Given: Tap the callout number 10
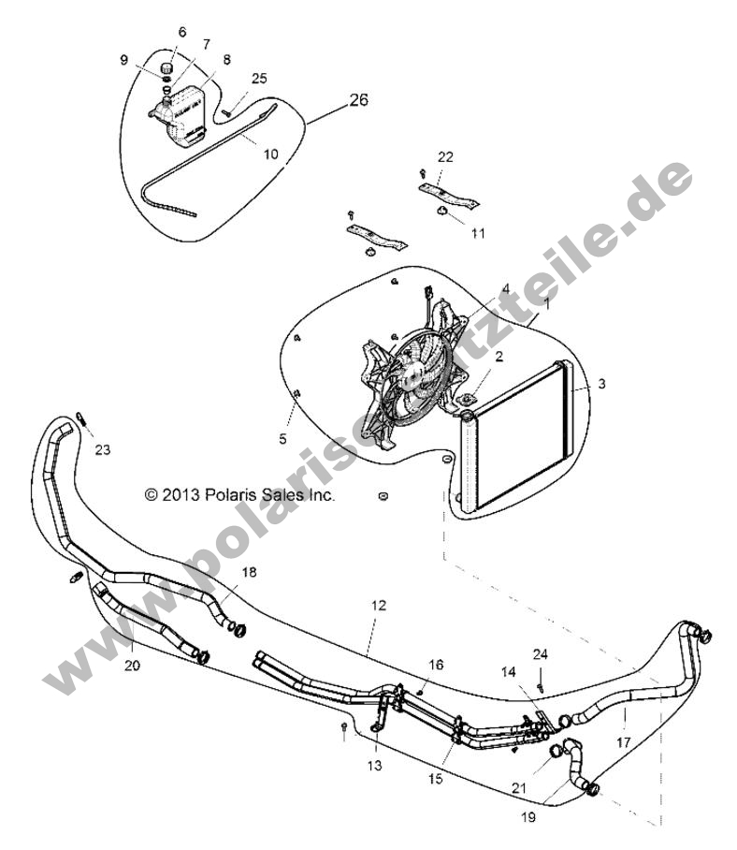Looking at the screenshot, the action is point(271,154).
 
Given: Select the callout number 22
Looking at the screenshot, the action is point(446,155).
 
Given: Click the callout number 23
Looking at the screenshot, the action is point(102,449).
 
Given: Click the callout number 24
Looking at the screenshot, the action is point(540,652).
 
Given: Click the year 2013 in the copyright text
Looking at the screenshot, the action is point(182,495).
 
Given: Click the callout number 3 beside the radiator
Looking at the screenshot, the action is point(576,384).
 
